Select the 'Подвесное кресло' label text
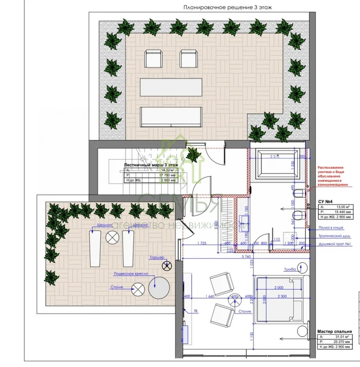(131, 273)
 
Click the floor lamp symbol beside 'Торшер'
(166, 266)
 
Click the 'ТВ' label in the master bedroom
(196, 312)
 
